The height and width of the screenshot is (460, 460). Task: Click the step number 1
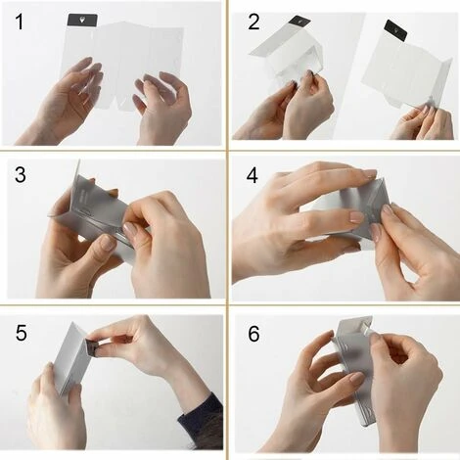point(20,23)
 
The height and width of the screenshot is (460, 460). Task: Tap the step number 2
point(253,23)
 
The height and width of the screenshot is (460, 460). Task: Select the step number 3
point(21,174)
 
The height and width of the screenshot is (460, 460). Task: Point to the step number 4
point(253,175)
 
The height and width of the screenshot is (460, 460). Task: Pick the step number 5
point(22,333)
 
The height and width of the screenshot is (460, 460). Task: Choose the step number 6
point(253,334)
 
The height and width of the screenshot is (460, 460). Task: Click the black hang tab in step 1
point(82,21)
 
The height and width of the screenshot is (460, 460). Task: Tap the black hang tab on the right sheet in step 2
point(395,30)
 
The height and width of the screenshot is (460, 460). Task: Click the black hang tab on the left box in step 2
point(299,21)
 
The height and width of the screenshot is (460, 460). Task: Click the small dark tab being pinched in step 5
point(91,346)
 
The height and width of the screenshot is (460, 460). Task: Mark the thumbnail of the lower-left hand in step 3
point(108,243)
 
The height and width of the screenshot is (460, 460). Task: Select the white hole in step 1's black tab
point(81,21)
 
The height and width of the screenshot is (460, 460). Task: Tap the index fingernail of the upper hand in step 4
point(370,173)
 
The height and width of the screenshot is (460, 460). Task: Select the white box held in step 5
point(72,357)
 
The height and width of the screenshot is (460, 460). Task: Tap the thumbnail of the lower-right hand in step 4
point(375,232)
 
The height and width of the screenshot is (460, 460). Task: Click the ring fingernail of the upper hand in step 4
point(356,216)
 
